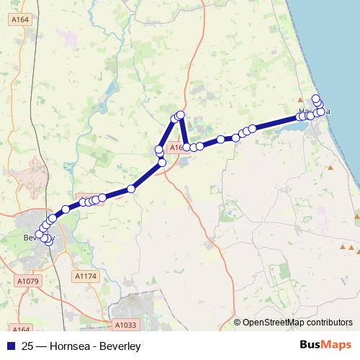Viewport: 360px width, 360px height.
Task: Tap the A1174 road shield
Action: [85, 275]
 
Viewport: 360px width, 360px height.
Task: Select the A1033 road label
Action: [125, 325]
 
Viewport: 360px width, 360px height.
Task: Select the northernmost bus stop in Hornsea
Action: [315, 99]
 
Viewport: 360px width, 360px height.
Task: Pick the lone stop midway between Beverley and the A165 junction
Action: [131, 189]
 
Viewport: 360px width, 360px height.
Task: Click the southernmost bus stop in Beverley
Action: [49, 241]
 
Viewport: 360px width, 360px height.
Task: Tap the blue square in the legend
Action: [11, 346]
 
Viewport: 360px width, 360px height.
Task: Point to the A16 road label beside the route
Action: [176, 147]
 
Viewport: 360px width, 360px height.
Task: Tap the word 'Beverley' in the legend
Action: [119, 346]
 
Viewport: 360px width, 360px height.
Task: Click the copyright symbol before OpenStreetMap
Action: [238, 323]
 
